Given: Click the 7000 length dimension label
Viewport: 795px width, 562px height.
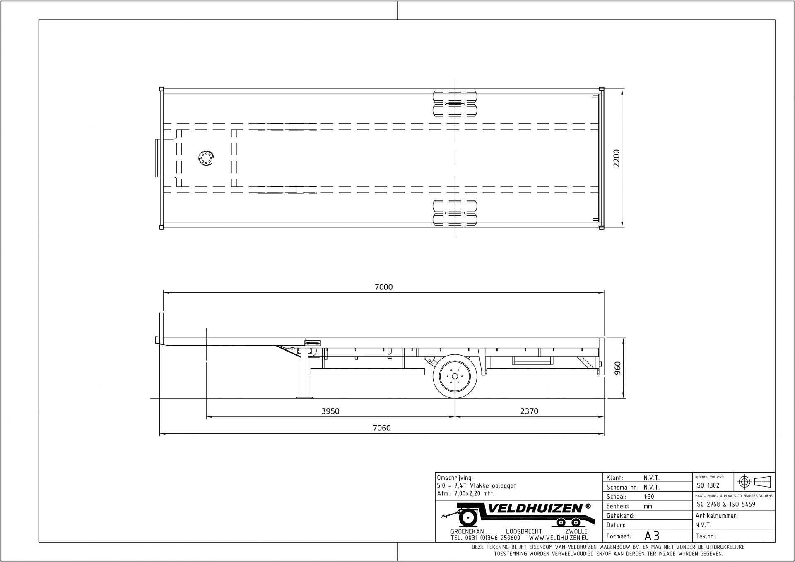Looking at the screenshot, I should tap(383, 287).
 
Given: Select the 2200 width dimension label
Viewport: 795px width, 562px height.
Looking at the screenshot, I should tap(617, 158).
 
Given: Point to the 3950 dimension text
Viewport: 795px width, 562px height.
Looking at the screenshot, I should tap(330, 411).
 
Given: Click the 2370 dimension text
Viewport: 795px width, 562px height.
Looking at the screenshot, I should tap(529, 411).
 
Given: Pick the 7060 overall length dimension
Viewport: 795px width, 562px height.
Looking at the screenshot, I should tap(382, 428).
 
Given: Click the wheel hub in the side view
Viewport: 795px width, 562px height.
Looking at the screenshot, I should tap(455, 376).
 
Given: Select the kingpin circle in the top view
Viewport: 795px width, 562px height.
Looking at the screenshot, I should tap(205, 158).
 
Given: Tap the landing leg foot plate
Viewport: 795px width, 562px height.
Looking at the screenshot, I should tap(304, 397).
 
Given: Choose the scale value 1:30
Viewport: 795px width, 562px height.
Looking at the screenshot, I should tap(649, 497).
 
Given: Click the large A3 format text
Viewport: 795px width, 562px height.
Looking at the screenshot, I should tap(651, 536).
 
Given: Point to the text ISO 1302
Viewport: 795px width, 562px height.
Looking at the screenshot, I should tap(708, 485).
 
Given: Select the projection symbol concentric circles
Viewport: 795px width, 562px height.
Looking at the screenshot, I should tap(745, 482).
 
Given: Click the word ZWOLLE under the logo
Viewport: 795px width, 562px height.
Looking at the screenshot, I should tap(576, 531).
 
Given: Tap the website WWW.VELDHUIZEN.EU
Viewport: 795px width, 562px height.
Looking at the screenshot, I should tap(559, 538).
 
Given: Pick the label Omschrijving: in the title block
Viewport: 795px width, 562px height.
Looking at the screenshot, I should tap(455, 478).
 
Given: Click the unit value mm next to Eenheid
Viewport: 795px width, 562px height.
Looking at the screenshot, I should tap(648, 506).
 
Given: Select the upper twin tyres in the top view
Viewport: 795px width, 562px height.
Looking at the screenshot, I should tap(455, 103).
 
